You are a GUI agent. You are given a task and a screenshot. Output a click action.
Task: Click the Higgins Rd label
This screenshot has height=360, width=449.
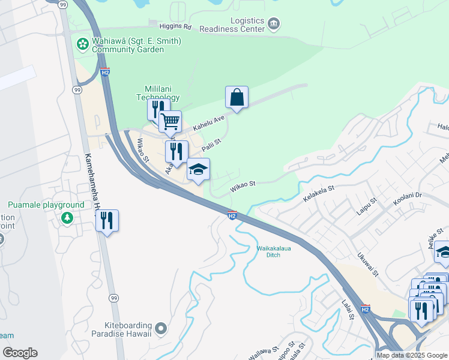click(x=175, y=26)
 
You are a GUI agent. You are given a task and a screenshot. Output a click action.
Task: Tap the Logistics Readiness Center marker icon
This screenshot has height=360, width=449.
click(x=274, y=24)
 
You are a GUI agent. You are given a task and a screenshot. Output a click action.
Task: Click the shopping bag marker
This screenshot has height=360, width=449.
click(x=237, y=97)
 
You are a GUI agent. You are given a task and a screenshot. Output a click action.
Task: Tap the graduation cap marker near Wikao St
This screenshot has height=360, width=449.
click(x=198, y=169)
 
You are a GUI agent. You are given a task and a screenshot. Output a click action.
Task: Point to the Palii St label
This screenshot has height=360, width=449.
click(x=212, y=145)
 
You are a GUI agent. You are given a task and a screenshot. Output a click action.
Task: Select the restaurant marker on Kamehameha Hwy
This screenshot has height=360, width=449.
click(x=107, y=220)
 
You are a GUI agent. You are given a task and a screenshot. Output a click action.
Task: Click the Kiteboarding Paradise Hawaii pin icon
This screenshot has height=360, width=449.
click(x=160, y=328)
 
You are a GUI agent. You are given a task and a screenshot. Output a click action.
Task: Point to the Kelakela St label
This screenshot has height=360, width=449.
click(x=318, y=193)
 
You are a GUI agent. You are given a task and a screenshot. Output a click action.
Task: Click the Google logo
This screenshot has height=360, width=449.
click(x=20, y=353)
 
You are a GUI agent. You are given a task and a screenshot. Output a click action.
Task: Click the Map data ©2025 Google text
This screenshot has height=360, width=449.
click(x=412, y=355)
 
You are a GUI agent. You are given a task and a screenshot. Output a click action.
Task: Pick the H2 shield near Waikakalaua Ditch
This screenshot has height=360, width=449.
click(x=232, y=215)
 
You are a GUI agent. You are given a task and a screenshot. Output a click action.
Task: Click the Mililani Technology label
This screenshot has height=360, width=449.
click(x=158, y=92)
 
